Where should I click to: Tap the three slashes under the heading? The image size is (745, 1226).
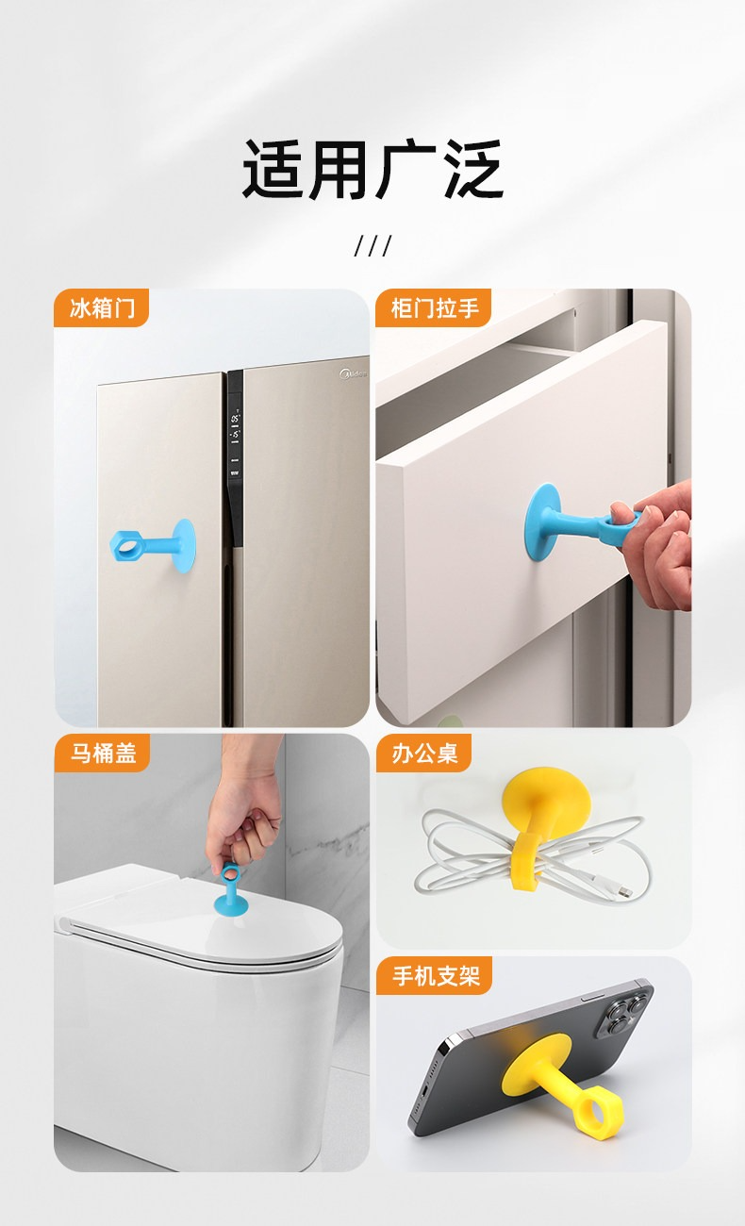(x=372, y=246)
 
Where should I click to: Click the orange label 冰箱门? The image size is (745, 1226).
(x=101, y=308)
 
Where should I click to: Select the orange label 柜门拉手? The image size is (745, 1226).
(x=433, y=308)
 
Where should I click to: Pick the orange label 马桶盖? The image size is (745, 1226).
(x=102, y=754)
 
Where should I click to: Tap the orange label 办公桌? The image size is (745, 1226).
(x=423, y=754)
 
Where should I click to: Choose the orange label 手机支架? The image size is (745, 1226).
(x=434, y=976)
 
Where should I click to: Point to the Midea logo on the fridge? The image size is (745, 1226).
(x=353, y=373)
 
